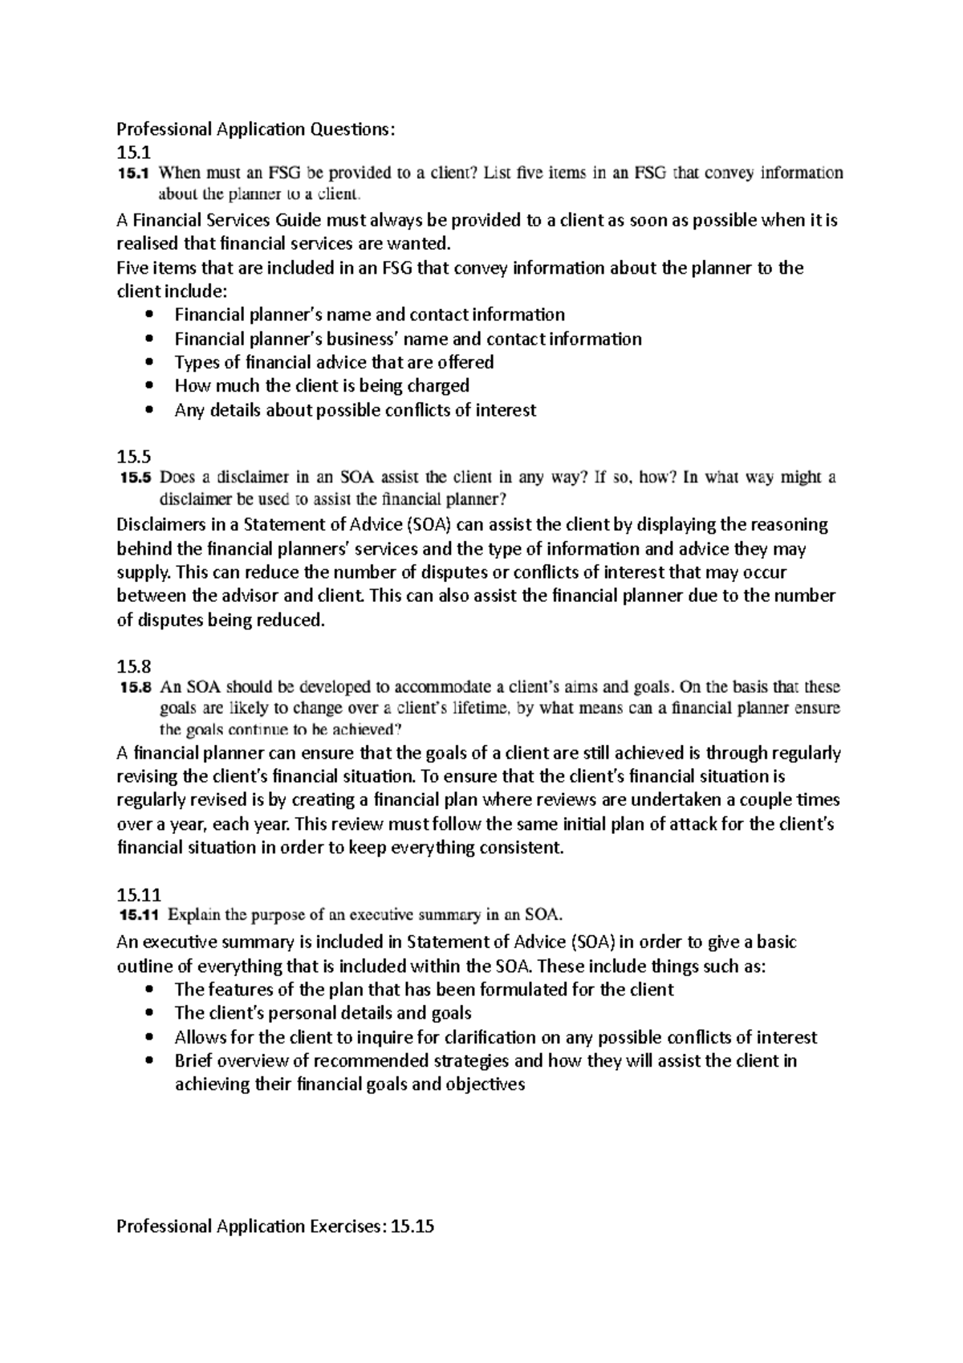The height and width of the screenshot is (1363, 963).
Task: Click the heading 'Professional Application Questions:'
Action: coord(256,129)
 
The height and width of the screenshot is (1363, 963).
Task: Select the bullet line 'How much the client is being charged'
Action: coord(321,386)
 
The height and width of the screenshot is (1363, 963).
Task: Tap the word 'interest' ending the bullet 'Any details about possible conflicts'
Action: coord(506,410)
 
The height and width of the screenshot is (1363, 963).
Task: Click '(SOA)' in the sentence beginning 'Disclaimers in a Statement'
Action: coord(429,525)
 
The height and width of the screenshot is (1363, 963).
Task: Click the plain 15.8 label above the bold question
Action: coord(133,666)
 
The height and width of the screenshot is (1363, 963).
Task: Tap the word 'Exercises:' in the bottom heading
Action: coord(347,1227)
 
